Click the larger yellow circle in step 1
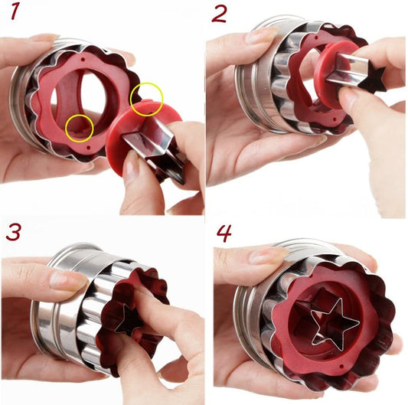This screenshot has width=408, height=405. (146, 100)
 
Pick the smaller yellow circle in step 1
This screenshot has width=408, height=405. (79, 127)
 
